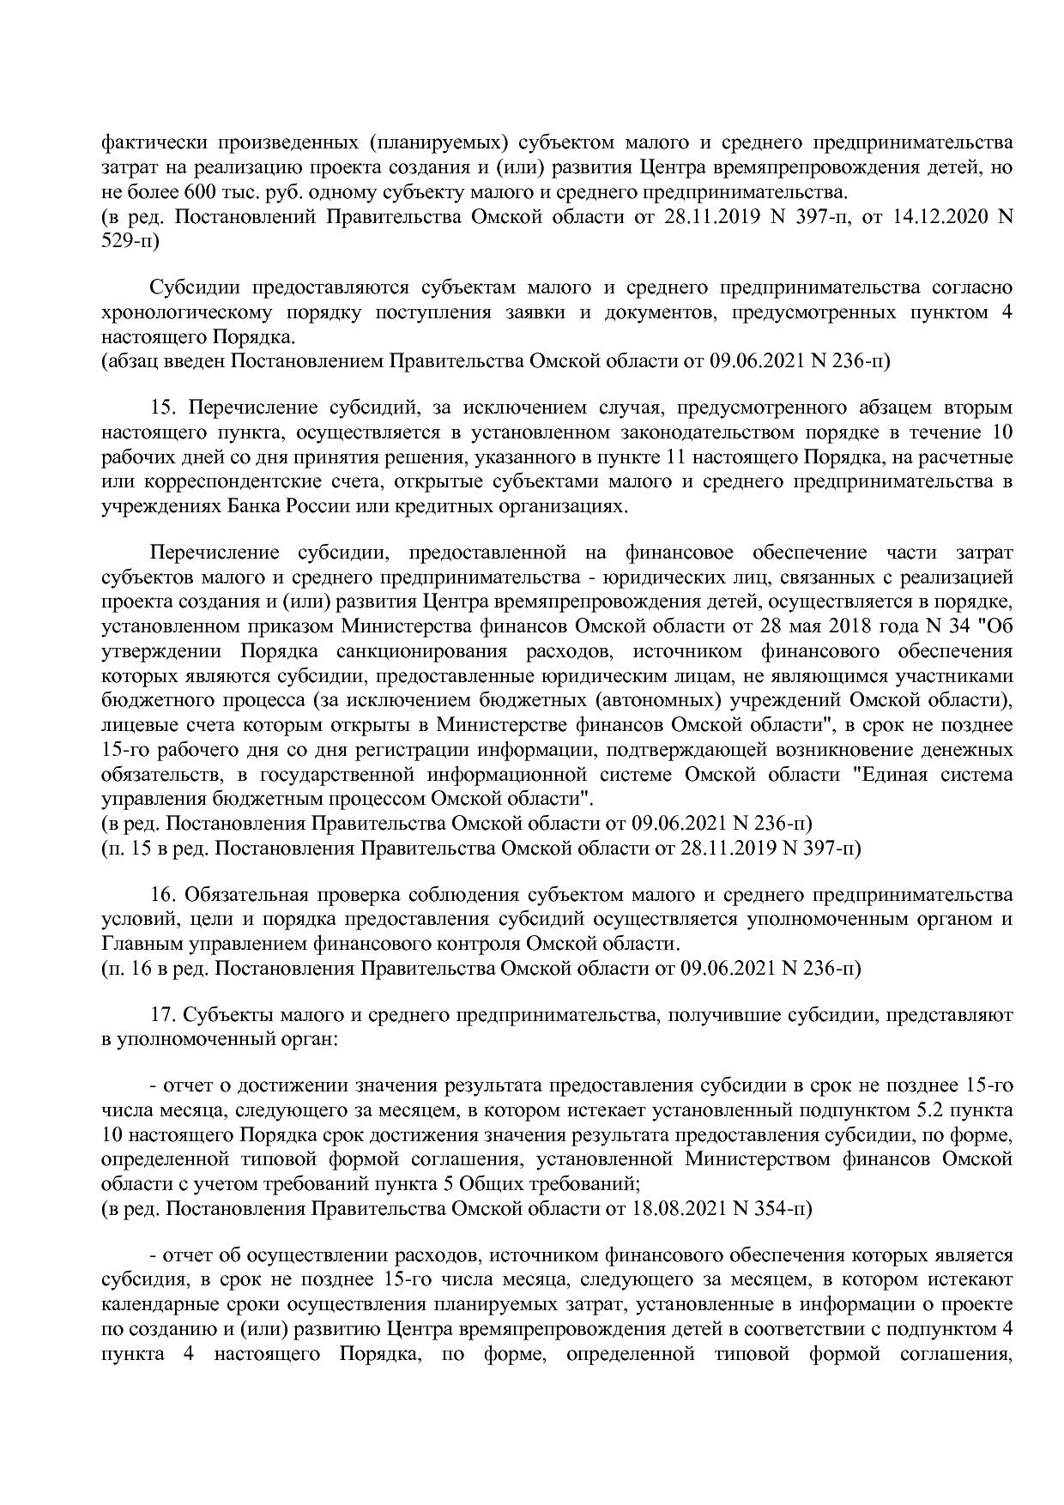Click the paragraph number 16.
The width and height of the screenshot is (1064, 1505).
pyautogui.click(x=161, y=895)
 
